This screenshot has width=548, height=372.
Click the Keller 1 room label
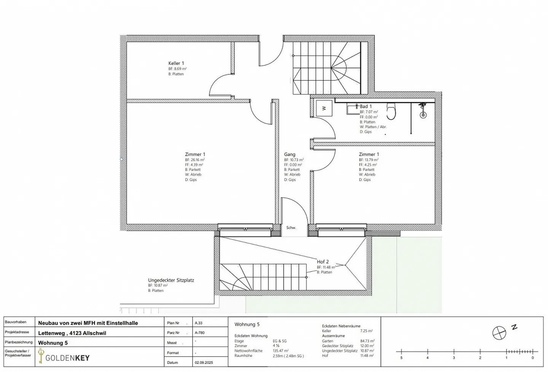176,63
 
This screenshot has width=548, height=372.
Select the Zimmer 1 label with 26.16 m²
195,154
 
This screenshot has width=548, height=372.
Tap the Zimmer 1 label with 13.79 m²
369,154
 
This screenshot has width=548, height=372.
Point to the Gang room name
290,154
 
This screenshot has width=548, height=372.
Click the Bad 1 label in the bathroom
366,107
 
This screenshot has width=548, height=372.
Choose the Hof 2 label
323,262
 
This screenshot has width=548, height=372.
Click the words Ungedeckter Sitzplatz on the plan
171,280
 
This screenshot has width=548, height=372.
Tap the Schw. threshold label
291,228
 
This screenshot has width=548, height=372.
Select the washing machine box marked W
324,108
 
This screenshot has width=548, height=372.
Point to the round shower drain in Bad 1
422,114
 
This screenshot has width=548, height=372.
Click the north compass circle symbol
499,333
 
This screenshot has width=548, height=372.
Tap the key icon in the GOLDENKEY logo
41,356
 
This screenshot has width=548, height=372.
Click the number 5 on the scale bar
401,358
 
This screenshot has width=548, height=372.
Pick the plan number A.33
199,323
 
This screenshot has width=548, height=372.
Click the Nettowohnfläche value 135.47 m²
280,351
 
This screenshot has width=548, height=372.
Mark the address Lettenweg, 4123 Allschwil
72,333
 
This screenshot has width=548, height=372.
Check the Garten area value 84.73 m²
367,341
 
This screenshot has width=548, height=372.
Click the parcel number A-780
199,333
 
